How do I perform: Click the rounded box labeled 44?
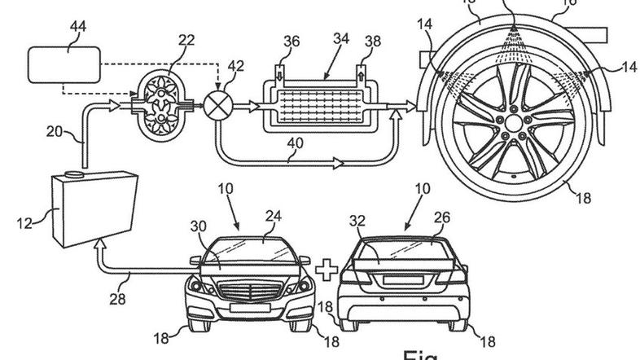pos(63,64)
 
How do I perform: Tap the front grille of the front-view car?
pos(249,289)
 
